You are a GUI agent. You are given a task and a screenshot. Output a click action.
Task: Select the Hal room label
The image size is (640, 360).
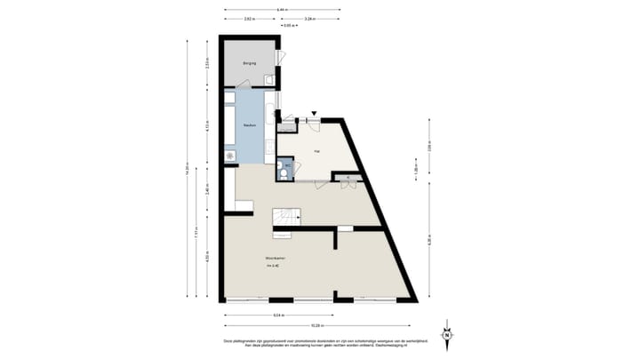(316, 152)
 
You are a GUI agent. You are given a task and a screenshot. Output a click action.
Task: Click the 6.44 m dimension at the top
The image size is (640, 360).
(281, 9)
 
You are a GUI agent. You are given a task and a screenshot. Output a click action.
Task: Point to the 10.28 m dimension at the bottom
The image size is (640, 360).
(318, 323)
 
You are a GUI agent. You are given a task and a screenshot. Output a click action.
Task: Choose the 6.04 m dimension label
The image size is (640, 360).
(279, 314)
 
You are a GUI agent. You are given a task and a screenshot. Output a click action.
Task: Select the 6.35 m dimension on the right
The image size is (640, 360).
(429, 240)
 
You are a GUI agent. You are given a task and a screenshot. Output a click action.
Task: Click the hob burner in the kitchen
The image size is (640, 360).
(231, 156)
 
